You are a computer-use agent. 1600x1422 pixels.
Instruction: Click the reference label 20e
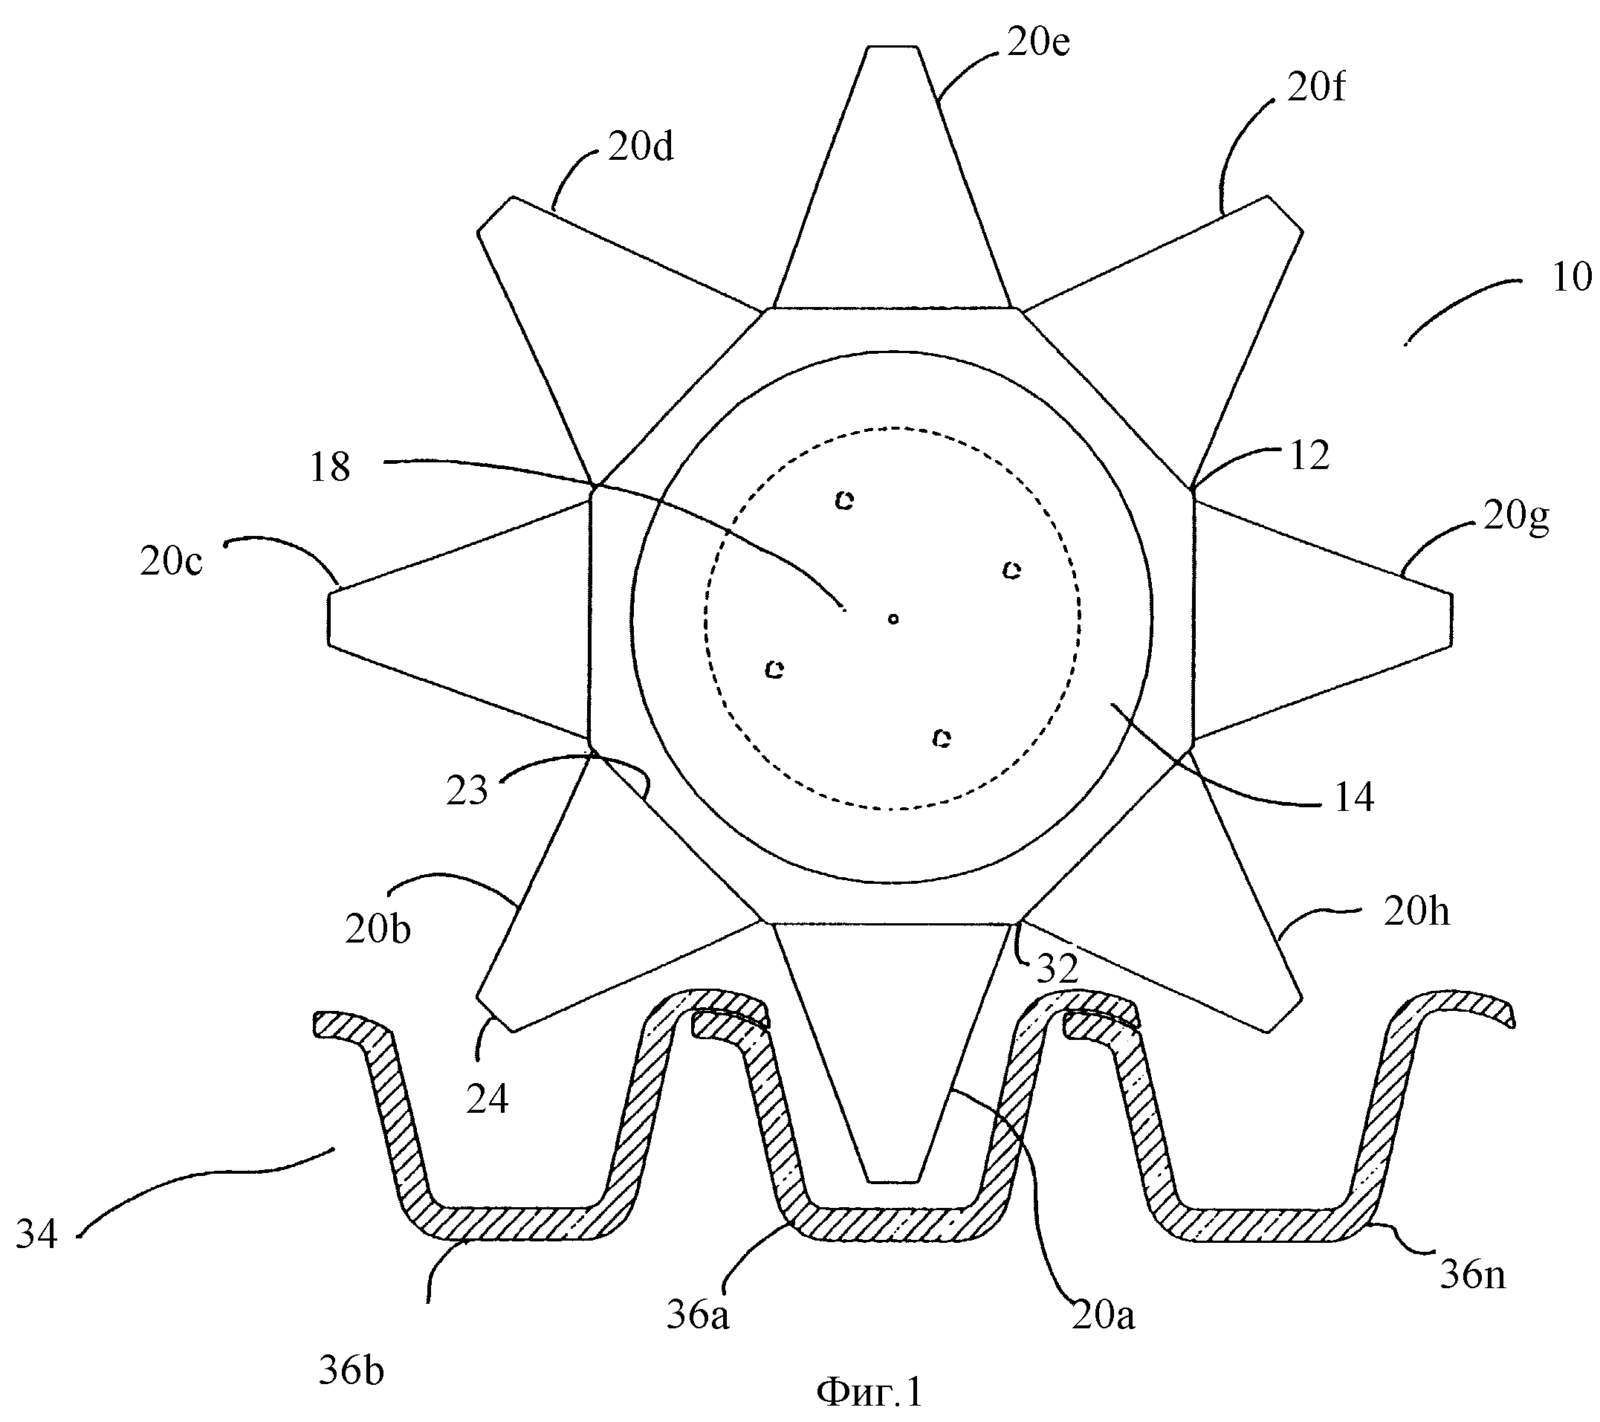[1038, 43]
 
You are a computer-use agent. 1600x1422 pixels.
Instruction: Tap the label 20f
[1317, 87]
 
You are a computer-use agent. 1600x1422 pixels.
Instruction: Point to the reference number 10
[1572, 277]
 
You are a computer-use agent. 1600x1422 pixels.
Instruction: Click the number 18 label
[329, 468]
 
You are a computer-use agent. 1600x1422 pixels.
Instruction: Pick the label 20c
[172, 561]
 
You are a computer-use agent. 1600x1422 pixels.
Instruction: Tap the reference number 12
[1309, 456]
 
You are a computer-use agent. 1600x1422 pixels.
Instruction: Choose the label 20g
[1516, 518]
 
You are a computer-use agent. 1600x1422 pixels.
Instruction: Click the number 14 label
[1353, 797]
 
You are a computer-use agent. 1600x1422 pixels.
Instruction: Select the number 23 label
[467, 791]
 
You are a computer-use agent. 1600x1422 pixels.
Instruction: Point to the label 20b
[378, 929]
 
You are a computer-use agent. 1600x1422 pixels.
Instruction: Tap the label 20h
[1416, 912]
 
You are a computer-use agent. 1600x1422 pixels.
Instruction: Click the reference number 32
[1058, 969]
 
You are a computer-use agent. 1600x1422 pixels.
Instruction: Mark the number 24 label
[487, 1099]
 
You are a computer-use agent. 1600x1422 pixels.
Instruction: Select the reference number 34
[37, 1235]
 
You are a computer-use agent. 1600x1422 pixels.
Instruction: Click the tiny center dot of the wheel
[893, 619]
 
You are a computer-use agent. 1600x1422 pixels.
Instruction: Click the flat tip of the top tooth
[893, 47]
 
